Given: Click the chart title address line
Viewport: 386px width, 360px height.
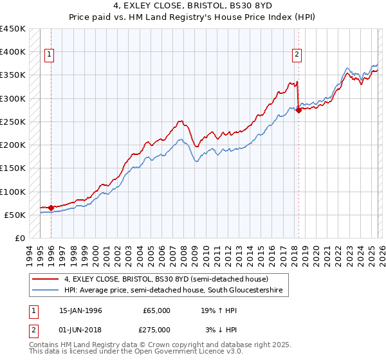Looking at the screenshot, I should click(x=192, y=6).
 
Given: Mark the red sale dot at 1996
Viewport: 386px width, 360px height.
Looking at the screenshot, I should click(x=51, y=208).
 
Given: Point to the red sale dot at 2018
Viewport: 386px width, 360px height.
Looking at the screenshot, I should click(x=299, y=110).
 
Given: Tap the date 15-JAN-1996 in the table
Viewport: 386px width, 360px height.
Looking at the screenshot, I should click(x=80, y=310).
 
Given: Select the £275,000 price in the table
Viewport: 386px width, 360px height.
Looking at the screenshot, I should click(x=156, y=329).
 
